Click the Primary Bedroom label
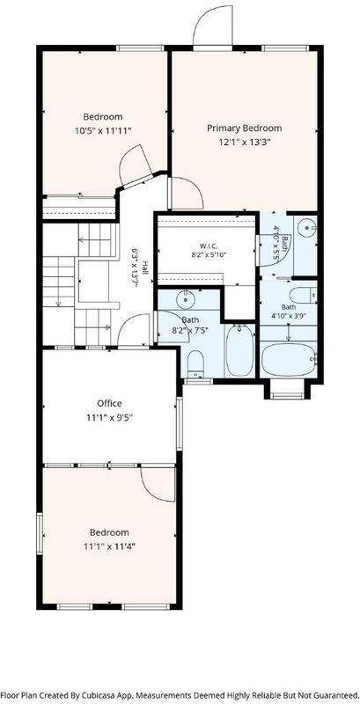point(244,128)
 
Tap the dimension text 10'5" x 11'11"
point(103,130)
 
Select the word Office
point(109,403)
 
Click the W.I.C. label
point(207,246)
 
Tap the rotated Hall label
point(145,268)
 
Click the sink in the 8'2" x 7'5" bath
point(185,297)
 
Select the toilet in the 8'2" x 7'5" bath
point(195,363)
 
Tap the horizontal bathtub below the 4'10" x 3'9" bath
point(289,359)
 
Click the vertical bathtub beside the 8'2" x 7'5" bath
point(239,350)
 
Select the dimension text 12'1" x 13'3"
point(244,143)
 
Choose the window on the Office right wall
point(180,424)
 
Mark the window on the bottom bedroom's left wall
point(40,533)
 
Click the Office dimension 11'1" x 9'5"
point(109,417)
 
